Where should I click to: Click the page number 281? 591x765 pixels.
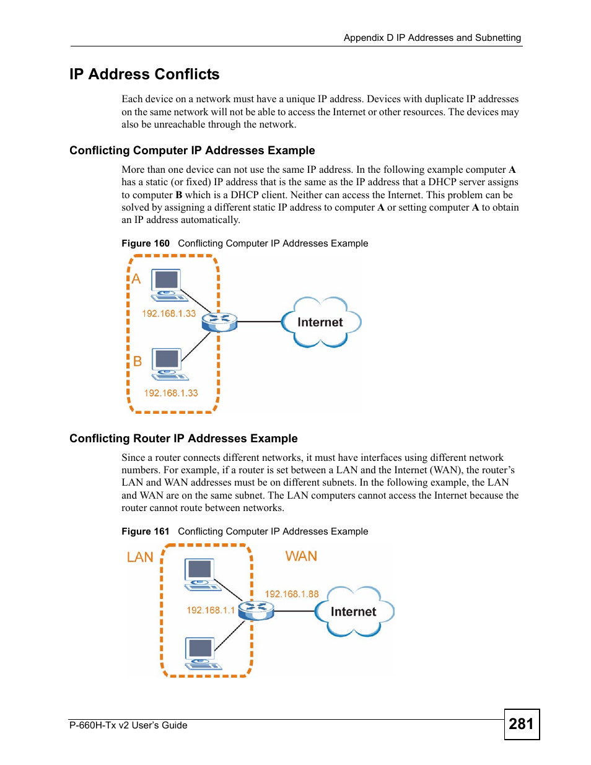[x=521, y=723]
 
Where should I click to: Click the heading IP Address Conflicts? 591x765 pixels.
[x=144, y=74]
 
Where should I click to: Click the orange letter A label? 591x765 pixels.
[x=136, y=279]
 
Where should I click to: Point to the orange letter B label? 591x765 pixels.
[x=138, y=361]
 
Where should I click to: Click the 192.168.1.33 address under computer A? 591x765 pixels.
[x=169, y=313]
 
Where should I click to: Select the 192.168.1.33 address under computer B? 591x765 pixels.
[x=171, y=393]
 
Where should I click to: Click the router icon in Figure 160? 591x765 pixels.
[x=219, y=322]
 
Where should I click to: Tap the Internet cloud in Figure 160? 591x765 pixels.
[x=321, y=322]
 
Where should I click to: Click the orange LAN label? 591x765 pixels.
[x=140, y=557]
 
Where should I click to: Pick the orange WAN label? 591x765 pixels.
[x=301, y=556]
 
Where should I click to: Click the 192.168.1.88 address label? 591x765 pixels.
[x=292, y=594]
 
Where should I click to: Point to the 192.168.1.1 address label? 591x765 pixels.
[x=211, y=610]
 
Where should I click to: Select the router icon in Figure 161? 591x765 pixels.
[x=256, y=611]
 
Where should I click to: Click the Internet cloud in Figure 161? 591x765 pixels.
[x=354, y=612]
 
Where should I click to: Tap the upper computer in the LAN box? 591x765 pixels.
[x=201, y=575]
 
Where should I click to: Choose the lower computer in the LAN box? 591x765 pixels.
[x=202, y=654]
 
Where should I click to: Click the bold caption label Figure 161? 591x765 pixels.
[x=145, y=531]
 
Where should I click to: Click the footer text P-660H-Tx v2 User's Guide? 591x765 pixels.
[x=128, y=725]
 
